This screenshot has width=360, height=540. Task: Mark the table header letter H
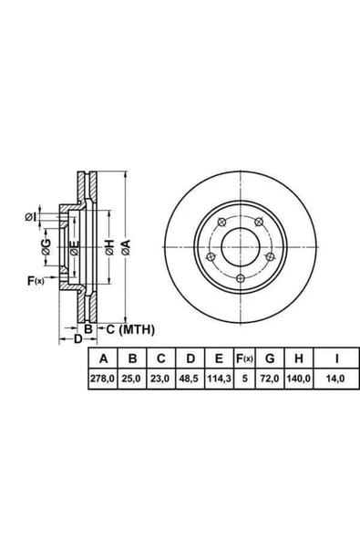[297, 358]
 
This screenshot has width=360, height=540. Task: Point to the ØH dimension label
[108, 245]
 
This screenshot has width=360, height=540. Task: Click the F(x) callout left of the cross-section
[36, 278]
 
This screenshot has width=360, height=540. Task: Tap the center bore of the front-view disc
[240, 245]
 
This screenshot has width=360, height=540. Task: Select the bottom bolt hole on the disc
[240, 279]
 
